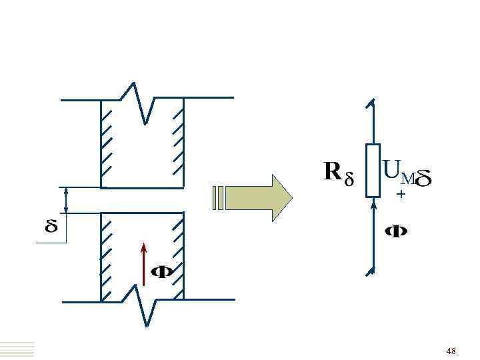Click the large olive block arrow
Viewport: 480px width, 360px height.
tap(260, 197)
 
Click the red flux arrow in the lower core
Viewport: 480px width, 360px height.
tap(143, 264)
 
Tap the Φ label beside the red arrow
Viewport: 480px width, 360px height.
tap(163, 272)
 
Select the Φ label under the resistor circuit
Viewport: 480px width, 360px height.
tap(397, 232)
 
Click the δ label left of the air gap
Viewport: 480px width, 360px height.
tap(51, 227)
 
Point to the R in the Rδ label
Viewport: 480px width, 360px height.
tap(333, 173)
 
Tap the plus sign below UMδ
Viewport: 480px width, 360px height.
tap(401, 194)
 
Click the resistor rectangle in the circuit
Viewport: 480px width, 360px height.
tap(373, 171)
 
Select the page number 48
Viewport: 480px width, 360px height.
tap(451, 351)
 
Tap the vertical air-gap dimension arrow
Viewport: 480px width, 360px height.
tap(66, 200)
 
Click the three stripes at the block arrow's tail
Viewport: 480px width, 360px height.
tap(219, 197)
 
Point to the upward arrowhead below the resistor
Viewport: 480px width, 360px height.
tap(373, 207)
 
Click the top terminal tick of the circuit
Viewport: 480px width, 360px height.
tap(370, 103)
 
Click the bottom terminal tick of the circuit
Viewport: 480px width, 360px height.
tap(370, 271)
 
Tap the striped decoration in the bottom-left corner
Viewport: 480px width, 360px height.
tap(17, 349)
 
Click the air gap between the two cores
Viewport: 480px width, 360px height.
tap(142, 200)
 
